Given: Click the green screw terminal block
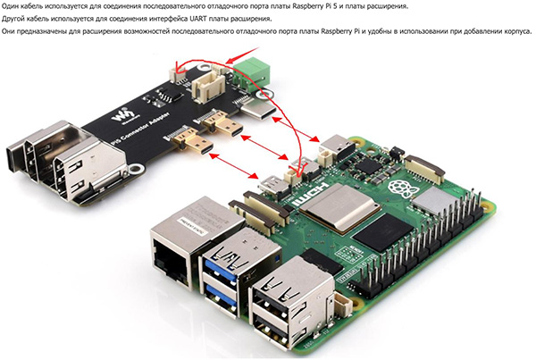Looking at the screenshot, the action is click(251, 72).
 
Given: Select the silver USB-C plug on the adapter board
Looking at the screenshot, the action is click(259, 111).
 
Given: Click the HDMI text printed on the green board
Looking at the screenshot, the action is click(310, 194).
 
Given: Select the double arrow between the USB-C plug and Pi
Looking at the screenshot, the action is click(296, 130).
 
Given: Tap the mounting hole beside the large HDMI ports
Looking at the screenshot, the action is click(137, 169).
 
